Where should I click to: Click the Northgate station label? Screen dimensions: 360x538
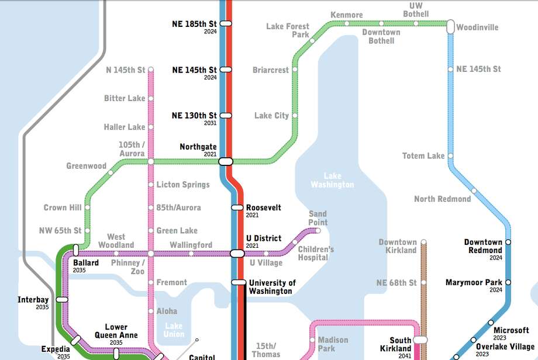point(198,147)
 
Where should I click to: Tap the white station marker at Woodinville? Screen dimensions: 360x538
point(450,26)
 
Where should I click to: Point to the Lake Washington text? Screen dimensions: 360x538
point(332,180)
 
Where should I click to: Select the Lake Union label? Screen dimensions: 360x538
point(174,330)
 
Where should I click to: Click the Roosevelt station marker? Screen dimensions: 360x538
point(237,207)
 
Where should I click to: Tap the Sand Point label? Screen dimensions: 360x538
point(318,218)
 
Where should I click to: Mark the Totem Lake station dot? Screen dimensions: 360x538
point(450,156)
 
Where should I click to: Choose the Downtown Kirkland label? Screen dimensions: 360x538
point(398,246)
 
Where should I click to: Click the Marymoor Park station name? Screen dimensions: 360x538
point(474,282)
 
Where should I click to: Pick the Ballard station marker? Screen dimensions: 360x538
point(75,250)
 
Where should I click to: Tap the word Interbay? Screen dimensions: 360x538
point(33,300)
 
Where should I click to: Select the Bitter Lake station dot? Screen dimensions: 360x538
point(151,98)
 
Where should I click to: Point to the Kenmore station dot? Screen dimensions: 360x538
point(347,23)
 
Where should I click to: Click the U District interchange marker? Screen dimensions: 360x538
point(237,253)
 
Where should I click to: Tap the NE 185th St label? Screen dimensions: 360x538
point(194,24)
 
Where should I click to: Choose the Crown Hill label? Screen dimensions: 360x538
point(63,207)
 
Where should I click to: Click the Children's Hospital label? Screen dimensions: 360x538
point(316,254)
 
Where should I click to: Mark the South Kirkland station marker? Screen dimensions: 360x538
point(420,340)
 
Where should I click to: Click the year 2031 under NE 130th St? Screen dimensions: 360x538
point(210,123)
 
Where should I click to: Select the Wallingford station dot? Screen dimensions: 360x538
point(191,253)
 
